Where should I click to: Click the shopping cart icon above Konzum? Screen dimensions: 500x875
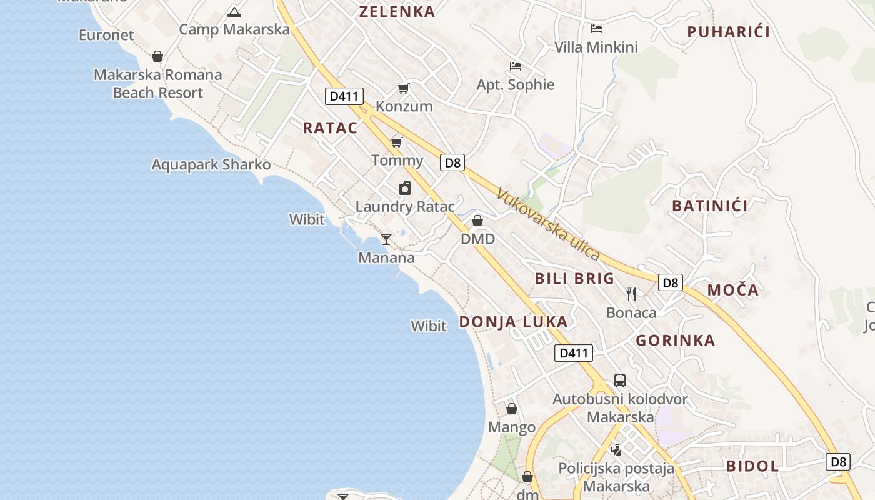403,88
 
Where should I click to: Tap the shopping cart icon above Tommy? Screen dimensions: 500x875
396,142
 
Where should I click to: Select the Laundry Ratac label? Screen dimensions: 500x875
404,206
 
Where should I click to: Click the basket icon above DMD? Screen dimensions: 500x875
477,221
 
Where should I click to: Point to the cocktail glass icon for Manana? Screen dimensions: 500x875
386,239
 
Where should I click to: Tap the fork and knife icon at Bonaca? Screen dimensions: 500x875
631,294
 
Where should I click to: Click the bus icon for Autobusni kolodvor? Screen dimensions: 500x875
619,380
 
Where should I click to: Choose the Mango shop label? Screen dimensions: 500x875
512,427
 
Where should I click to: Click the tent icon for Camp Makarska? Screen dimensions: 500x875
234,11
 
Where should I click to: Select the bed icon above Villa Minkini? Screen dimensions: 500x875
596,28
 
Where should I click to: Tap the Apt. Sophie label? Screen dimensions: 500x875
516,84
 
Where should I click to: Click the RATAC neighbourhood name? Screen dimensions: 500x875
331,128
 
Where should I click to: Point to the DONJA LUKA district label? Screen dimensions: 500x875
514,322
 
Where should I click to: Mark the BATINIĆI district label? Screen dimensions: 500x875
709,206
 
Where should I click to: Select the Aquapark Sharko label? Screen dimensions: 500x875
211,164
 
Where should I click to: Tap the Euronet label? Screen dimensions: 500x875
106,35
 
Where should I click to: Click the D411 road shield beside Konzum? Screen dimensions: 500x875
344,96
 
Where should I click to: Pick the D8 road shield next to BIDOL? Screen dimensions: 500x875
838,462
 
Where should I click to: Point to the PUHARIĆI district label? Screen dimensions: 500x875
728,32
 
